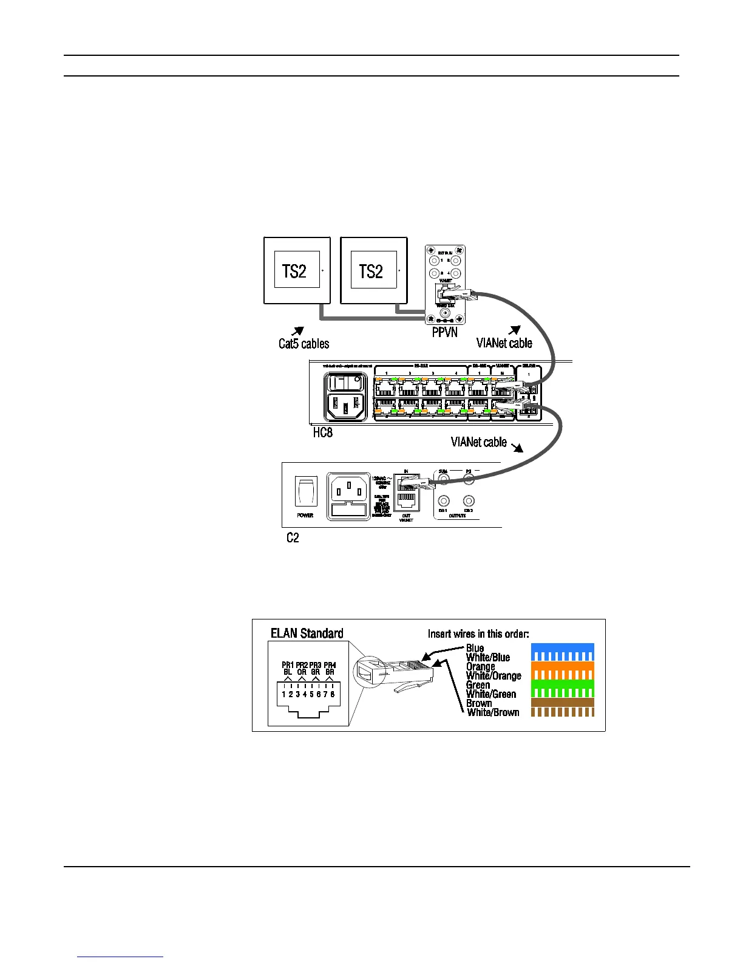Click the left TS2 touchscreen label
point(294,271)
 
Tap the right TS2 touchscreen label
point(371,271)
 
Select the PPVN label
point(444,333)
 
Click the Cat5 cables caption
point(304,344)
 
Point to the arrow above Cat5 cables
point(297,330)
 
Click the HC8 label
point(322,433)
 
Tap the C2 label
point(293,538)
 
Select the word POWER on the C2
point(305,515)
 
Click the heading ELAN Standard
point(307,633)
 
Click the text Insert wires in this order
point(478,634)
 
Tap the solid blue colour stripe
point(562,647)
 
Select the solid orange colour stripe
point(562,666)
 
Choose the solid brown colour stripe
point(562,702)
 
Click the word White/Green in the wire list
point(491,694)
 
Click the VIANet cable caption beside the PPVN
point(504,343)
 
